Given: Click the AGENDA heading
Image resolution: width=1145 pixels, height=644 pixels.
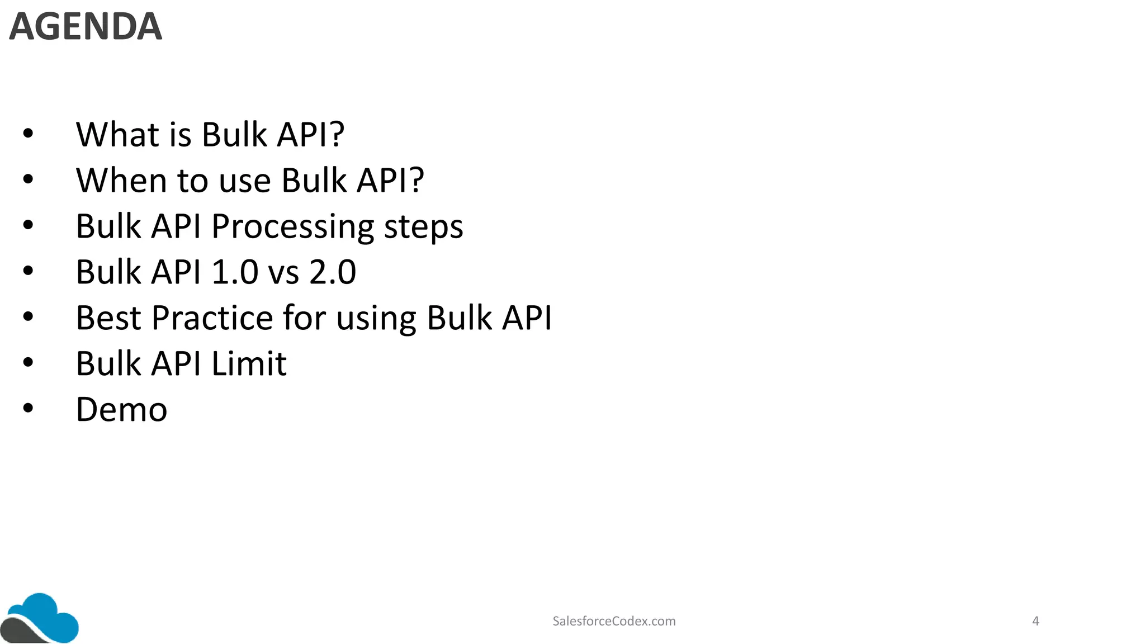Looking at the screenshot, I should [x=86, y=26].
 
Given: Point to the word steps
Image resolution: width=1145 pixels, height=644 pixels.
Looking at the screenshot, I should [x=423, y=227].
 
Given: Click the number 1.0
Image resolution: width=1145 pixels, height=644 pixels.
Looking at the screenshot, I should [x=235, y=272].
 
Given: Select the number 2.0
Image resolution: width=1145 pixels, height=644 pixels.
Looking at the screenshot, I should [x=333, y=272].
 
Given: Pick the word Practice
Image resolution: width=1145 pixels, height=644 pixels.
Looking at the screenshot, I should [x=212, y=318].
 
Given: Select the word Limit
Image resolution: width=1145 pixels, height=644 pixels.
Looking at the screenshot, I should [x=249, y=364].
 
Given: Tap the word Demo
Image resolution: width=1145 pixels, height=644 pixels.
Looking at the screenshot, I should [x=121, y=410].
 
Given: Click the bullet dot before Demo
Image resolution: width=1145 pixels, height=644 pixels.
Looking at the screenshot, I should [x=28, y=409].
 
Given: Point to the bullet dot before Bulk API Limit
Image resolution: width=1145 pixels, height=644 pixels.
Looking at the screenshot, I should [x=28, y=363].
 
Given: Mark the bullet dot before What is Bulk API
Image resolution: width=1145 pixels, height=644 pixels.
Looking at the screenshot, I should [x=28, y=134].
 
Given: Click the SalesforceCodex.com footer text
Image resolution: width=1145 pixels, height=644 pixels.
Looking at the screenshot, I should [x=614, y=621].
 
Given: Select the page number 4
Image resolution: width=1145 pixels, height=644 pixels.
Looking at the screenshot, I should [x=1035, y=621].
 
